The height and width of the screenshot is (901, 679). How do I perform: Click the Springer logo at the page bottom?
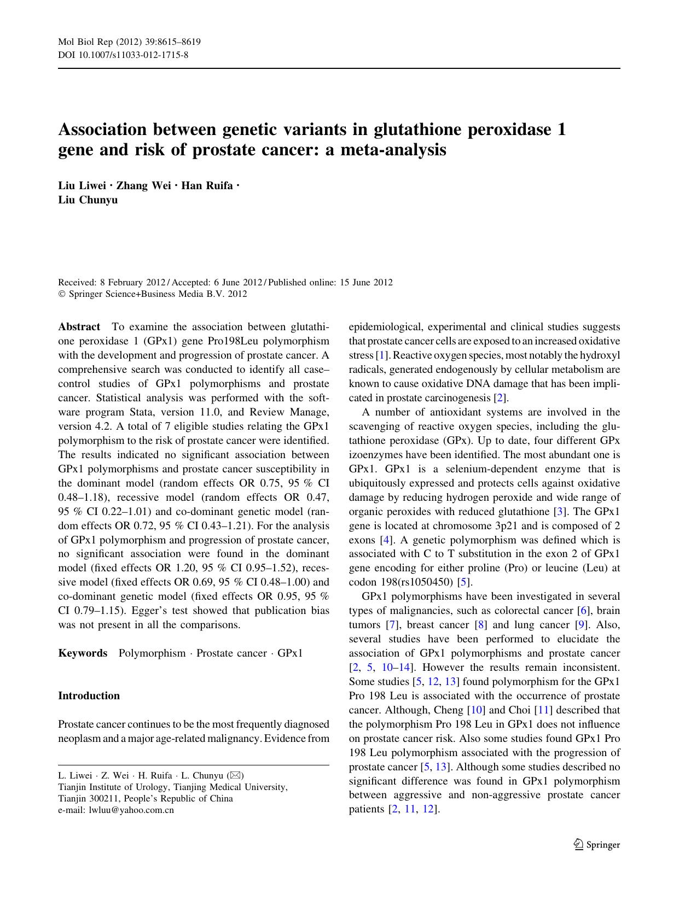(596, 845)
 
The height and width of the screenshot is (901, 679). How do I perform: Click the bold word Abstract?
(79, 327)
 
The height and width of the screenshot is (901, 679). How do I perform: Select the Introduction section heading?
(89, 695)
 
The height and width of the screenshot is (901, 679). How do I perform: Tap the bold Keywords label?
(83, 653)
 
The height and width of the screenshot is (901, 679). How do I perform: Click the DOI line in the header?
(123, 55)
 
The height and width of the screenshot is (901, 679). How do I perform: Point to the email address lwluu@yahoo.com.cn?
(131, 810)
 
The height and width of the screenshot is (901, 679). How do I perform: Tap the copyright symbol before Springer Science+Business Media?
(61, 294)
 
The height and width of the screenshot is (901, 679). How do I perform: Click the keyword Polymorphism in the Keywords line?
(152, 653)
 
